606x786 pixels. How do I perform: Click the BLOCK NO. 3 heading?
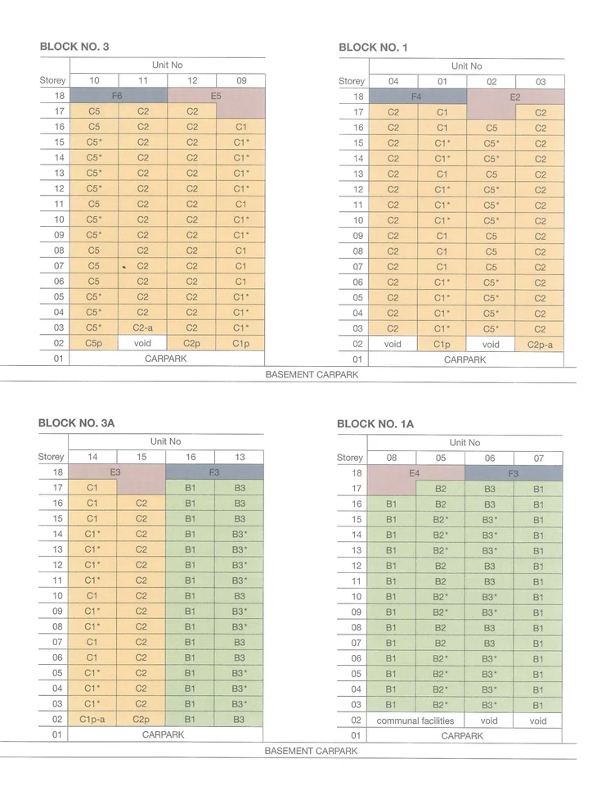tap(74, 47)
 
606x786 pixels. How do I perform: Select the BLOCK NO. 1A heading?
tap(375, 424)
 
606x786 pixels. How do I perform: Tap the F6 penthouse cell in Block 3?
tap(119, 95)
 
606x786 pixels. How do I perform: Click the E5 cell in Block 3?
tap(216, 96)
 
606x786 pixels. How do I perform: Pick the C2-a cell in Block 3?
tap(143, 327)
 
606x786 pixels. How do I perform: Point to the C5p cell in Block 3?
tap(94, 343)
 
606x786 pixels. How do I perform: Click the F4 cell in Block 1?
tap(417, 97)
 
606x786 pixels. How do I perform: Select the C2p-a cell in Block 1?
tap(540, 345)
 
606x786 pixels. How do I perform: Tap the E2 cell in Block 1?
tap(515, 97)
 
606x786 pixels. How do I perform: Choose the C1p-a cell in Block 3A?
tap(92, 720)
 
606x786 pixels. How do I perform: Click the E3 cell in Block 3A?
tap(115, 472)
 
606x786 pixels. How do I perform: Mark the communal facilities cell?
tap(415, 720)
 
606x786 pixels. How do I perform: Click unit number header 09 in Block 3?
tap(241, 80)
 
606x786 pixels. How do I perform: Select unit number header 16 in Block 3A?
tap(191, 457)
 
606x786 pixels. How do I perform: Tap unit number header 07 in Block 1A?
tap(538, 458)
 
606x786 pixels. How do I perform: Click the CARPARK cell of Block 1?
tap(465, 359)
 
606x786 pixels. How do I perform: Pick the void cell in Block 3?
tap(143, 343)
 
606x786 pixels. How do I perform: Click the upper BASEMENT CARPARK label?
tap(312, 374)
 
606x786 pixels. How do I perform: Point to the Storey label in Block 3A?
tap(51, 457)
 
